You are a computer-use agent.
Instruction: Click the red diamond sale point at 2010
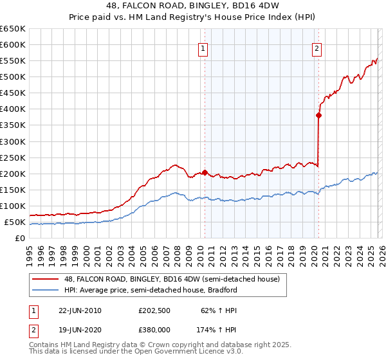pyautogui.click(x=205, y=172)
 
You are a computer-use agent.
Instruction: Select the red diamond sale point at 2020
pyautogui.click(x=318, y=116)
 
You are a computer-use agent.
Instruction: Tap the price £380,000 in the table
pyautogui.click(x=154, y=328)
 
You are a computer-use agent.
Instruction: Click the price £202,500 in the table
pyautogui.click(x=154, y=310)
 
